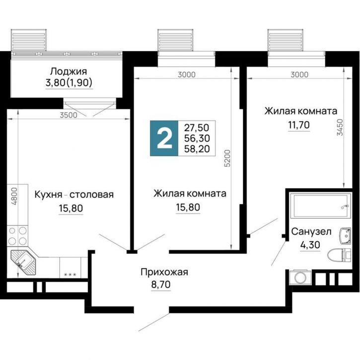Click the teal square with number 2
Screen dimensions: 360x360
coord(163,138)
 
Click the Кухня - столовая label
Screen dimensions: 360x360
coord(74,194)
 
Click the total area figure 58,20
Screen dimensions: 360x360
coord(196,148)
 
